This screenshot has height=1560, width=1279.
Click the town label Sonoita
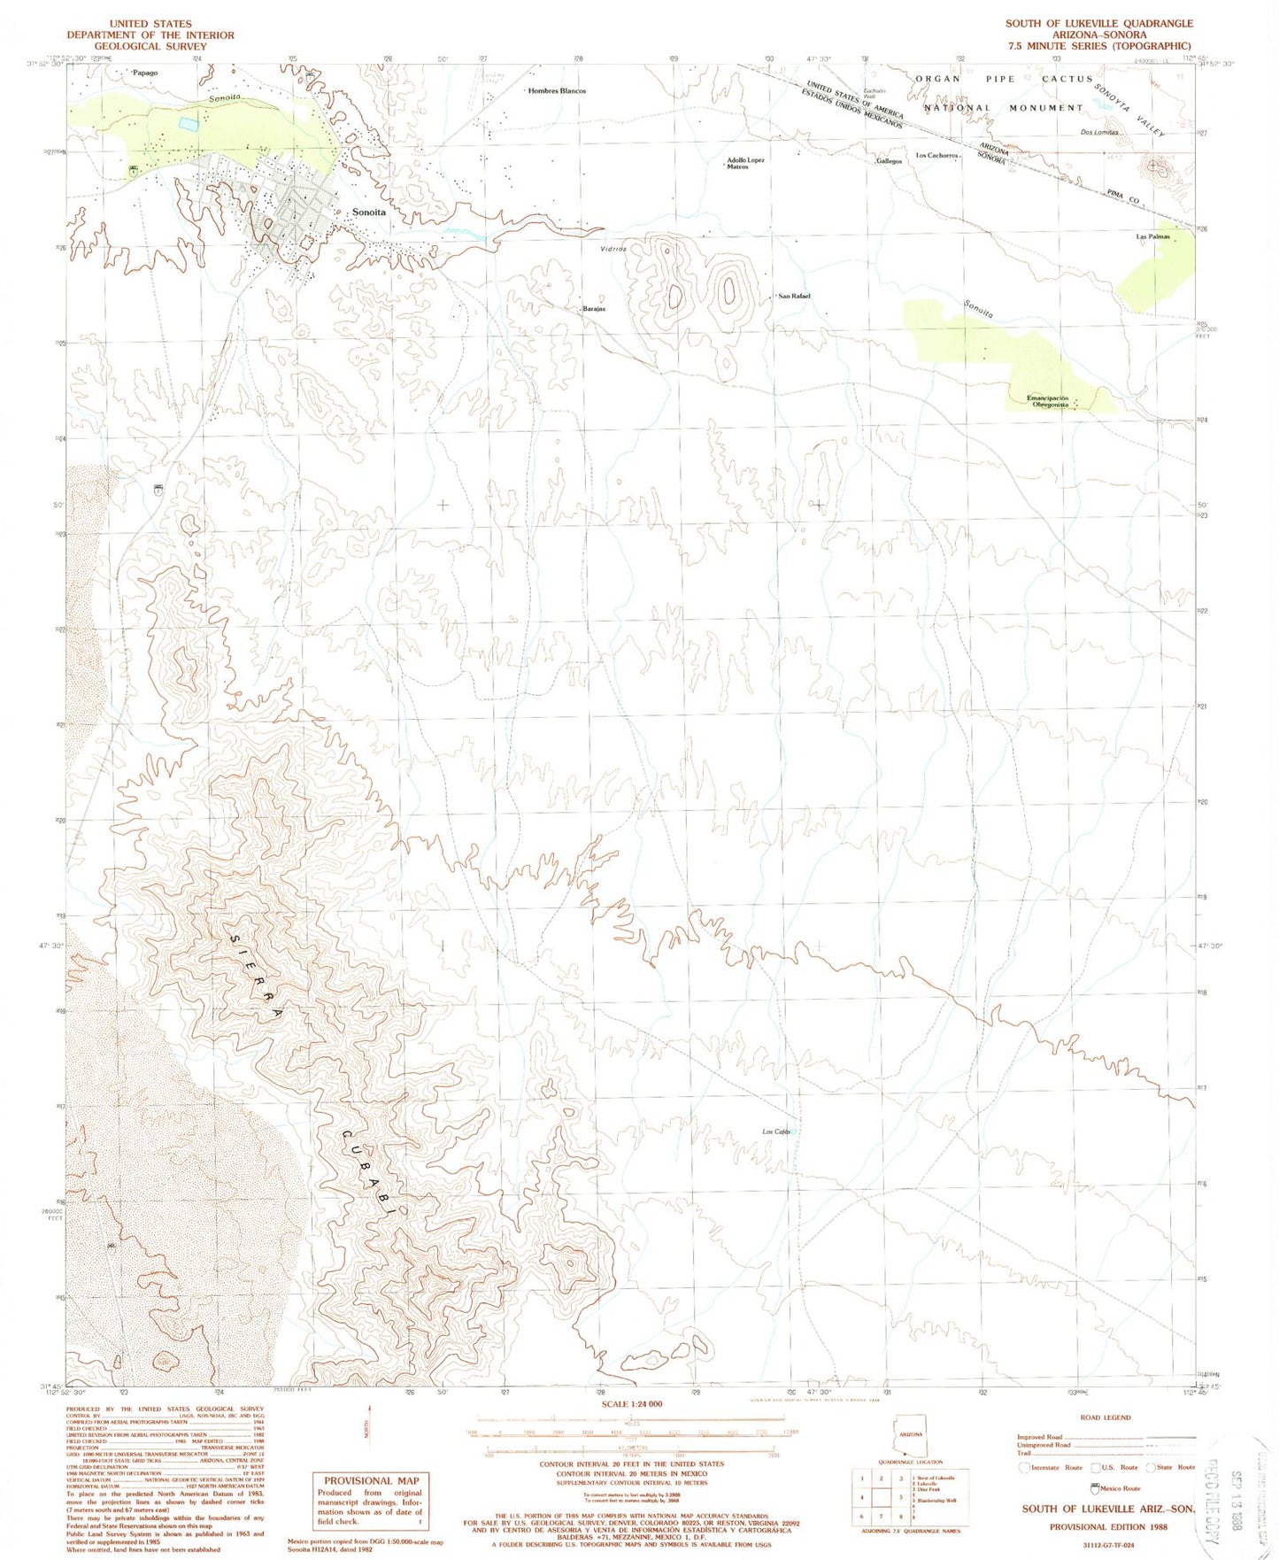tap(368, 212)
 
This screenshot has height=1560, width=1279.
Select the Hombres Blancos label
tap(557, 91)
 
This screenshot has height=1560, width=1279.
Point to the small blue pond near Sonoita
tap(189, 125)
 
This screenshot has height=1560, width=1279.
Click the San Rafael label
tap(794, 296)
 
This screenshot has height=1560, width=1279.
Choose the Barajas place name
tap(593, 309)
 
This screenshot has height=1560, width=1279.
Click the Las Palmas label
tap(1152, 237)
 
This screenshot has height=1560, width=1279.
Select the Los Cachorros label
tap(936, 156)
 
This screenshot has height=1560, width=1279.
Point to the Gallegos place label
tap(889, 162)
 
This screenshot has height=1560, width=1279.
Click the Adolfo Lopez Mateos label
tap(744, 164)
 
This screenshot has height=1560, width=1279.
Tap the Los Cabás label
tap(776, 1132)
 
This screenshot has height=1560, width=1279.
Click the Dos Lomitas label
tap(1099, 133)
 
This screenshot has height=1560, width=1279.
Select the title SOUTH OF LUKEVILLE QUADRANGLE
tap(1098, 23)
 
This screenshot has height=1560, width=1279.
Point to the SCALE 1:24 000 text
tap(631, 1404)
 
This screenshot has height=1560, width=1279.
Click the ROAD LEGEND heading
tap(1105, 1417)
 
